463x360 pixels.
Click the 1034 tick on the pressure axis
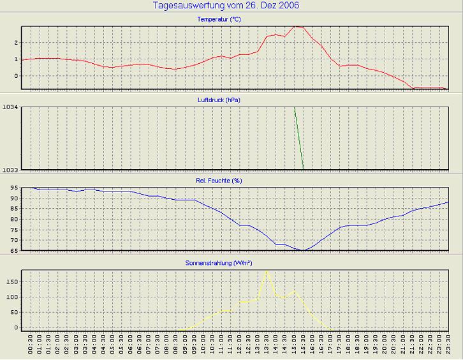[10, 108]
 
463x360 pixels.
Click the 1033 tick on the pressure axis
[10, 169]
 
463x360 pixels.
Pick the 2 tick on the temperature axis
[15, 43]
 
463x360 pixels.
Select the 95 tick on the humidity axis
[13, 188]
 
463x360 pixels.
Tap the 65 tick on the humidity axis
[13, 250]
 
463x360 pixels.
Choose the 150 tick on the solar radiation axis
[11, 281]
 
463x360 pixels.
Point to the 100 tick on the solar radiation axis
[11, 297]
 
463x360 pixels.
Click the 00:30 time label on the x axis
[31, 349]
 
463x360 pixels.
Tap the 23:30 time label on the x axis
[449, 349]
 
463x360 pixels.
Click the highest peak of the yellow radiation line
[267, 271]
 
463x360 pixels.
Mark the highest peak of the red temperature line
[295, 27]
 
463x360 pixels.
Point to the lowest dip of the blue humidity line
[304, 250]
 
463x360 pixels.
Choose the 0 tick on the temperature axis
[15, 75]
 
